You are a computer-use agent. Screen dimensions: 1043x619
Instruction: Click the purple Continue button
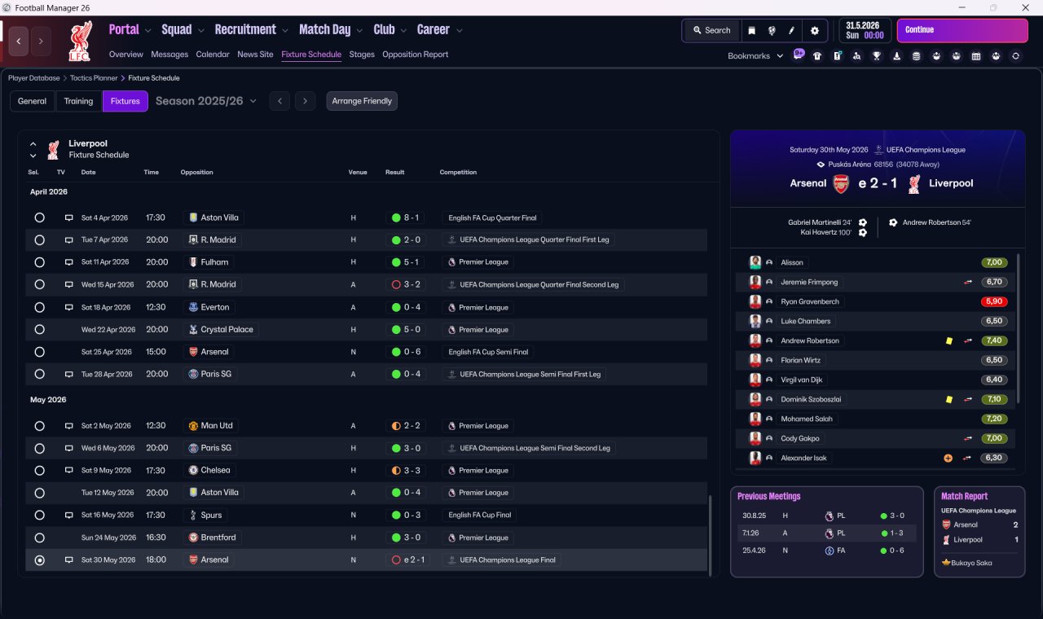pos(962,30)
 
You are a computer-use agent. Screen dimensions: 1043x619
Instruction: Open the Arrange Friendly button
pos(362,101)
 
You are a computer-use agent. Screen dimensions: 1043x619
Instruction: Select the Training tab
pos(78,101)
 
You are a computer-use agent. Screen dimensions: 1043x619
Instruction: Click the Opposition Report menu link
pos(415,55)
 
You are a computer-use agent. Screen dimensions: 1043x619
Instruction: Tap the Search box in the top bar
pos(712,30)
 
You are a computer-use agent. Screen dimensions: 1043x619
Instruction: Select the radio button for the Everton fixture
pos(40,307)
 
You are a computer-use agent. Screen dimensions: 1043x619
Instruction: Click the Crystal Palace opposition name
pos(227,330)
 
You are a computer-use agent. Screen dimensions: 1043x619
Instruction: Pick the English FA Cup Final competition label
pos(480,515)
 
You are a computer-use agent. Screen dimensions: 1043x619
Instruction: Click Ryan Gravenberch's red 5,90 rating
pos(993,301)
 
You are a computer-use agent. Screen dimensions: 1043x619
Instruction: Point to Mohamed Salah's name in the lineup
pos(807,419)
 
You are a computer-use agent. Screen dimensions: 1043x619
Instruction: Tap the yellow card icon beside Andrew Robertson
pos(949,340)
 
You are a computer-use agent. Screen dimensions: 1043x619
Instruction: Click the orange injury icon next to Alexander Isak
pos(948,458)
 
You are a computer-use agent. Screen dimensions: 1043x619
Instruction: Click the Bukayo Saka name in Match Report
pos(971,563)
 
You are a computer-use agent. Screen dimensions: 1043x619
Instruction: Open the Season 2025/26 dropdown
pos(206,101)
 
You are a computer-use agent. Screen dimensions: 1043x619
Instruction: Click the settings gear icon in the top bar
pos(814,31)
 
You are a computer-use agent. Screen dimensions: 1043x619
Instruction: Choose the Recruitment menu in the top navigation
pos(245,30)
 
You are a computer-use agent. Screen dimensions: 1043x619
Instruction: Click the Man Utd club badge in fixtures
pos(193,426)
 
